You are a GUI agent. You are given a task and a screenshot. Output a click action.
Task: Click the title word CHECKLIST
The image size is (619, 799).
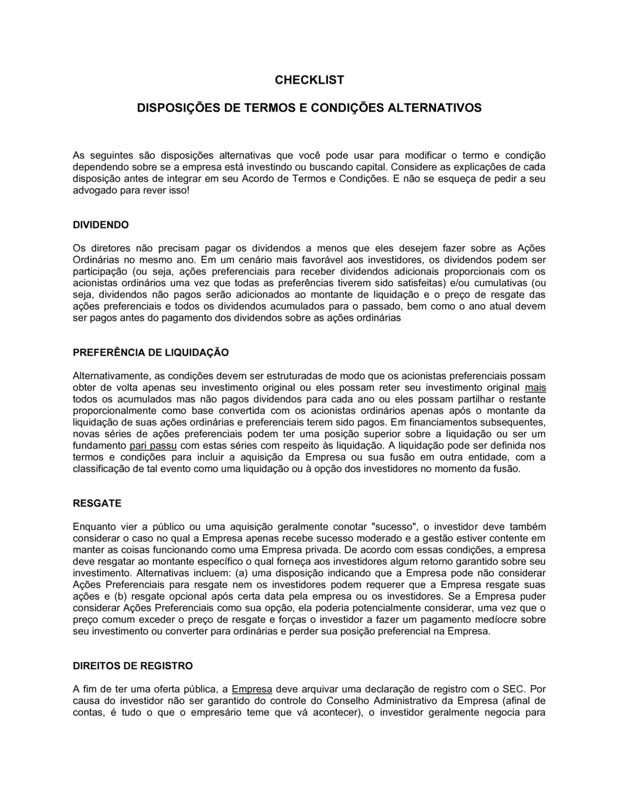coord(309,80)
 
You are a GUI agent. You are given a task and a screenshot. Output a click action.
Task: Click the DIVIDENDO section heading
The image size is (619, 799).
coord(101,224)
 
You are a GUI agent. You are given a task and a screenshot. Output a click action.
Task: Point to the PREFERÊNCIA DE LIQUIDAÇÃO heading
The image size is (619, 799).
coord(151,352)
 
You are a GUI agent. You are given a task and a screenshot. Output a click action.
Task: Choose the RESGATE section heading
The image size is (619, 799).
coord(97,503)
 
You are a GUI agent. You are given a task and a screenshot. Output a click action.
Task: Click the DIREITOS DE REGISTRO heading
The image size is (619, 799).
coord(133,666)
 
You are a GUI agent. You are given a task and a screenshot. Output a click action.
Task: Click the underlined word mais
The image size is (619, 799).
coord(535,387)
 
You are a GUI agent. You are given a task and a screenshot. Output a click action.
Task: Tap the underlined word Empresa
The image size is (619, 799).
coord(252,689)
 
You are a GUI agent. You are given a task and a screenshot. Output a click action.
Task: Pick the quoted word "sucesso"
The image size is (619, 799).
coord(394,526)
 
